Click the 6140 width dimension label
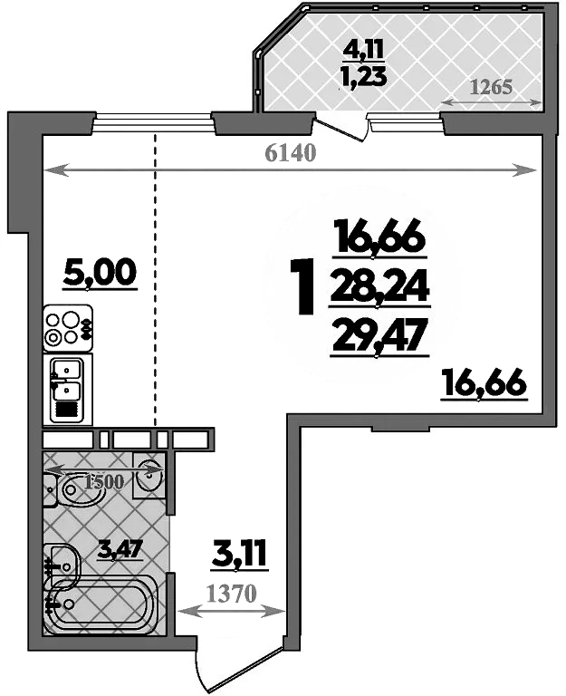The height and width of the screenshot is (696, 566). click(290, 153)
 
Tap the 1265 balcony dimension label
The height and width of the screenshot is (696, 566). click(493, 88)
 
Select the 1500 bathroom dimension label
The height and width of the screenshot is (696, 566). click(102, 481)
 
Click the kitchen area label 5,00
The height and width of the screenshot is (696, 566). click(100, 271)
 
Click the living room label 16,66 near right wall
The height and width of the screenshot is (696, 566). click(484, 383)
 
